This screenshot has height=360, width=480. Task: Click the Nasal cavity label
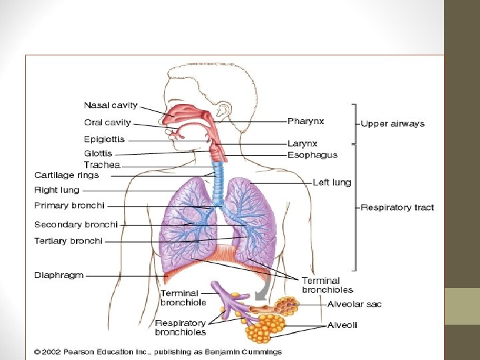(111, 105)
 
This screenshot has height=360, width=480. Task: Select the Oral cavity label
(107, 123)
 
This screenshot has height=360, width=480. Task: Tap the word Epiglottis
(104, 139)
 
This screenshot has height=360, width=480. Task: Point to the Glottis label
(98, 153)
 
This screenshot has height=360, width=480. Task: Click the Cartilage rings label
(67, 175)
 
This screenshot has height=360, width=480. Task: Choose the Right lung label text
(57, 190)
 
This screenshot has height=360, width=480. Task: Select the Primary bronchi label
(69, 205)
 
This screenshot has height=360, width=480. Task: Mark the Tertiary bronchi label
(69, 241)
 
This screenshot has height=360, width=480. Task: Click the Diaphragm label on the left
(59, 275)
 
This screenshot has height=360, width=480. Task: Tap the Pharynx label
(306, 121)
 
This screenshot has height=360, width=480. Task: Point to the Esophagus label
(312, 155)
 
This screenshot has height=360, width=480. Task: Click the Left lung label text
(332, 182)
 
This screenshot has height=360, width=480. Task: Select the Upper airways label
(392, 123)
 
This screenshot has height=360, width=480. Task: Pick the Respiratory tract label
(397, 207)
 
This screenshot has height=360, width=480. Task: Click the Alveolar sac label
(355, 304)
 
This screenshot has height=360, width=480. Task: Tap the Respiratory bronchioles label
(181, 327)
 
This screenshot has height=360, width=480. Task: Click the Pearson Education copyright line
(159, 352)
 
